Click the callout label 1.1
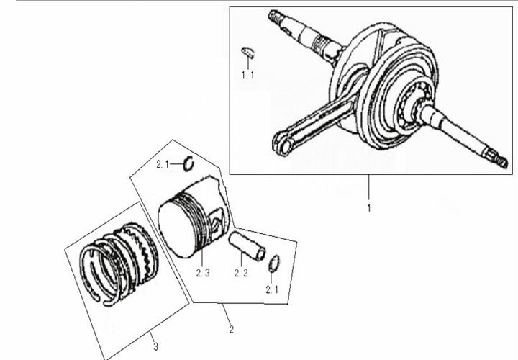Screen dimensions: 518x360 247,76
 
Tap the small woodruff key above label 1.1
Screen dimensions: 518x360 247,53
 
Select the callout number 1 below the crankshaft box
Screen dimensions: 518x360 369,208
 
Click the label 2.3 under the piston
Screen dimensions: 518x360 203,273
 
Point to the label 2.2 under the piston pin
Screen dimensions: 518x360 241,273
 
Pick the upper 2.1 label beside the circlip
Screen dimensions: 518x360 163,164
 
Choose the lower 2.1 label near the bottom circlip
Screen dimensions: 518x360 272,290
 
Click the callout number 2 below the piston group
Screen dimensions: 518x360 231,329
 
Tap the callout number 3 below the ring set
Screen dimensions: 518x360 155,347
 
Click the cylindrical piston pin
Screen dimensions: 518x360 247,246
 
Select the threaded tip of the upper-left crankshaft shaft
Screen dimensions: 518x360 274,16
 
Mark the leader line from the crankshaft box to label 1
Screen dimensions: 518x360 369,189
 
